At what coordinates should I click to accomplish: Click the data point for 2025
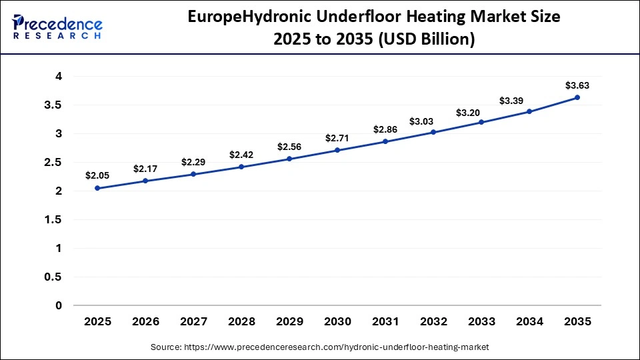(x=97, y=188)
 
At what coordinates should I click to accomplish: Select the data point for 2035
(x=577, y=97)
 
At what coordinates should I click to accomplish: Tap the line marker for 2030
(x=337, y=150)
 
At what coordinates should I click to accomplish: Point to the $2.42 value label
(x=241, y=155)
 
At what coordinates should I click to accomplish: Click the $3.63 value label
(x=577, y=85)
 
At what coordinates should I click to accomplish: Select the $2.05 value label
(x=97, y=176)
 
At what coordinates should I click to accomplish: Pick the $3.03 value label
(x=433, y=120)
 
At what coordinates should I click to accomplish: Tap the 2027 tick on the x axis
(x=193, y=321)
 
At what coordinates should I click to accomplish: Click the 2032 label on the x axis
(x=433, y=321)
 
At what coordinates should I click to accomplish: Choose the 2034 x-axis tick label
(x=529, y=321)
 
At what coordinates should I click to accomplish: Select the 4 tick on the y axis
(x=59, y=77)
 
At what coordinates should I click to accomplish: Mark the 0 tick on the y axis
(x=59, y=305)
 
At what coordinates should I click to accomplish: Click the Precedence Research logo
(x=57, y=27)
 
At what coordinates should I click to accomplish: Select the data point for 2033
(x=481, y=122)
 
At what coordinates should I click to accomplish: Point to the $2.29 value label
(x=193, y=162)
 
